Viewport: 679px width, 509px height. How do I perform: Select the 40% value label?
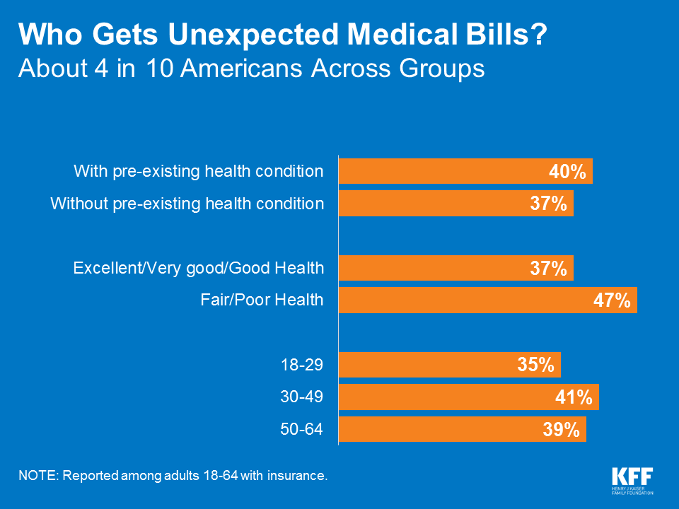pyautogui.click(x=567, y=172)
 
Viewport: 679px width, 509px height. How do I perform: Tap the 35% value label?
pyautogui.click(x=535, y=365)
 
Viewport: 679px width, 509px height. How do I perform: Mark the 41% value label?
pyautogui.click(x=574, y=397)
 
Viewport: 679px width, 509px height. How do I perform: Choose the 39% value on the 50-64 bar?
pyautogui.click(x=561, y=429)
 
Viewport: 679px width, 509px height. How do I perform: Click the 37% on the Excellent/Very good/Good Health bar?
pyautogui.click(x=548, y=269)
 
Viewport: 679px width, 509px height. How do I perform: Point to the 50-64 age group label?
pyautogui.click(x=303, y=428)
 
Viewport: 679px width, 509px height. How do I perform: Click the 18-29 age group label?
pyautogui.click(x=303, y=365)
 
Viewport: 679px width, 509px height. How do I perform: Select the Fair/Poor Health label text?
pyautogui.click(x=261, y=300)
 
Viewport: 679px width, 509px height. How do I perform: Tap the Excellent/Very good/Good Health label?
pyautogui.click(x=199, y=268)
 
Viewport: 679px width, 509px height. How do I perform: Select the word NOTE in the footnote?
pyautogui.click(x=38, y=475)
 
